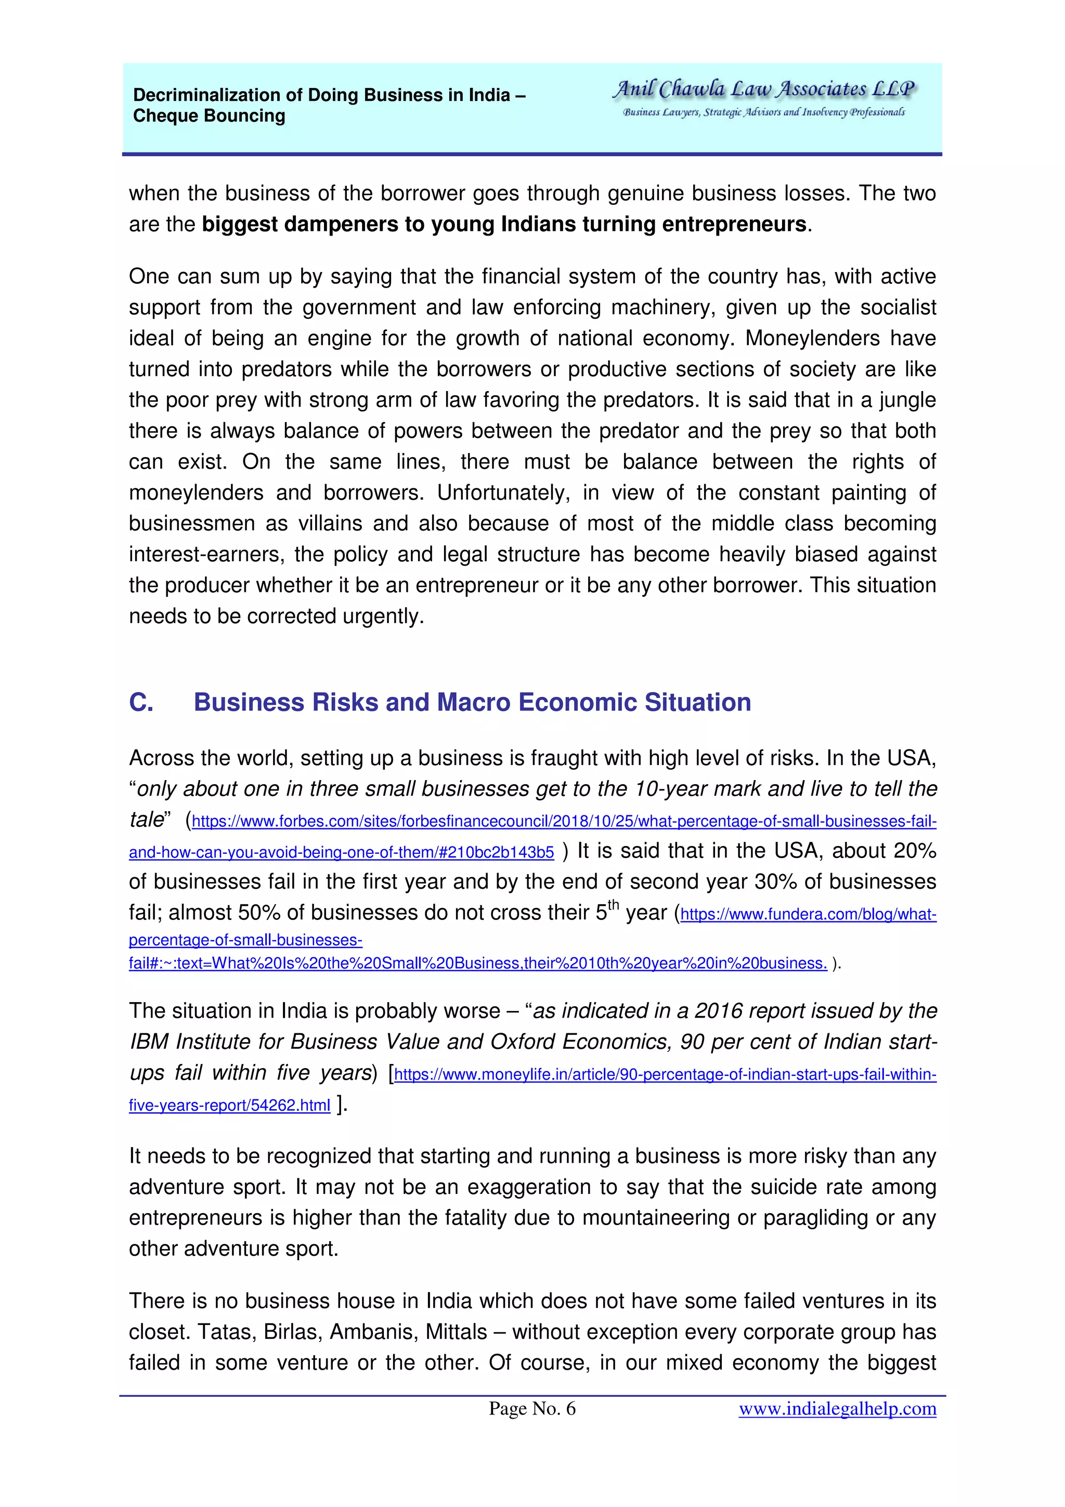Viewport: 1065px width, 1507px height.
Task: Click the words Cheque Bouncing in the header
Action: point(209,116)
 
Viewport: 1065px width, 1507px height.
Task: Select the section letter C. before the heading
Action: point(141,703)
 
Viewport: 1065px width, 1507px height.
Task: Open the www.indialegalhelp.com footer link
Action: point(837,1409)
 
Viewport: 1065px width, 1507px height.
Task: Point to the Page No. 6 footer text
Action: point(531,1409)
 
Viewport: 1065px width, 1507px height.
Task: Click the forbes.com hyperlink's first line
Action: point(564,822)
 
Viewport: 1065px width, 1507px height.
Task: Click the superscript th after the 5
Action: point(613,906)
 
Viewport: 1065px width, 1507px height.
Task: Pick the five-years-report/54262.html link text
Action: point(229,1106)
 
